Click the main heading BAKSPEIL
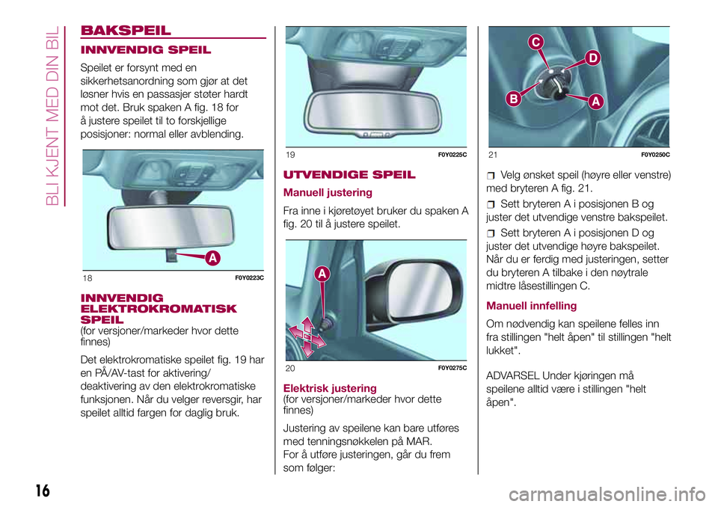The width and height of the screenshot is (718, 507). [126, 30]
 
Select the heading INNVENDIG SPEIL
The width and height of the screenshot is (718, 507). [146, 50]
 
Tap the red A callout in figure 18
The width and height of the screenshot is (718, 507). [212, 258]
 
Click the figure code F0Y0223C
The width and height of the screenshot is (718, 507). [250, 278]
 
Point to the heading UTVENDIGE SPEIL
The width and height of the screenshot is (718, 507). [349, 174]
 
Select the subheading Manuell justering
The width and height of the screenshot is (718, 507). [328, 192]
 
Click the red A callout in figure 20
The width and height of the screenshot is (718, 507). [322, 274]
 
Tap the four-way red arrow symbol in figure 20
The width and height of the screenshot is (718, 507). [307, 337]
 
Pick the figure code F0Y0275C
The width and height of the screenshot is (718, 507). [452, 368]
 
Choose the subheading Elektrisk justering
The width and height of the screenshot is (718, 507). [330, 388]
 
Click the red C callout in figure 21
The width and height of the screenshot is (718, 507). [536, 42]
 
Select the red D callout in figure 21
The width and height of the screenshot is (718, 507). [592, 58]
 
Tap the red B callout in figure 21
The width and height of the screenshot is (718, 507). [514, 99]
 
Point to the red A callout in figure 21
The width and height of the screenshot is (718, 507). [595, 101]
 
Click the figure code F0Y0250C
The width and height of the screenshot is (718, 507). [656, 155]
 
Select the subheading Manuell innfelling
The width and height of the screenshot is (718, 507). [532, 306]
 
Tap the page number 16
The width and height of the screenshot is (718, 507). [43, 491]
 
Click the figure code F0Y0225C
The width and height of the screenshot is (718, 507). [452, 155]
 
